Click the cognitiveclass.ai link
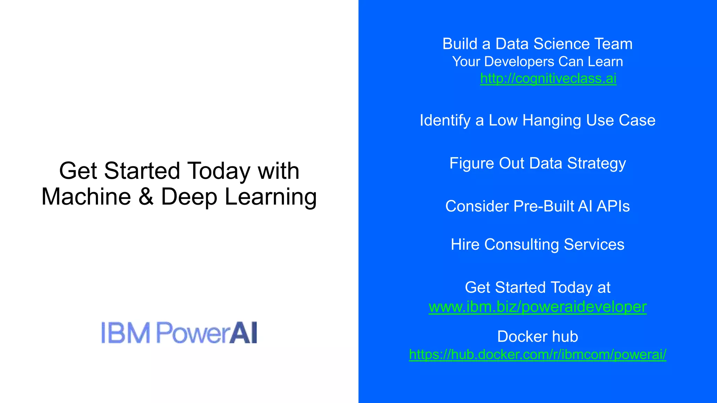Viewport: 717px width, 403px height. pyautogui.click(x=548, y=79)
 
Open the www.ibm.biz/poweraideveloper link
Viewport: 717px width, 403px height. pyautogui.click(x=537, y=307)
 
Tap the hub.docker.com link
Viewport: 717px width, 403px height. pyautogui.click(x=537, y=354)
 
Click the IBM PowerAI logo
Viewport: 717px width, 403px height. pyautogui.click(x=179, y=333)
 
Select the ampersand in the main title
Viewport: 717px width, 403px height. pyautogui.click(x=146, y=197)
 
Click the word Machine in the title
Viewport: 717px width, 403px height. pyautogui.click(x=86, y=197)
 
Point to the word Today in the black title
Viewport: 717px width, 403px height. pyautogui.click(x=219, y=171)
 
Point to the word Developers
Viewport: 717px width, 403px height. pyautogui.click(x=520, y=62)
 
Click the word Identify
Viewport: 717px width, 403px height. pyautogui.click(x=445, y=121)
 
